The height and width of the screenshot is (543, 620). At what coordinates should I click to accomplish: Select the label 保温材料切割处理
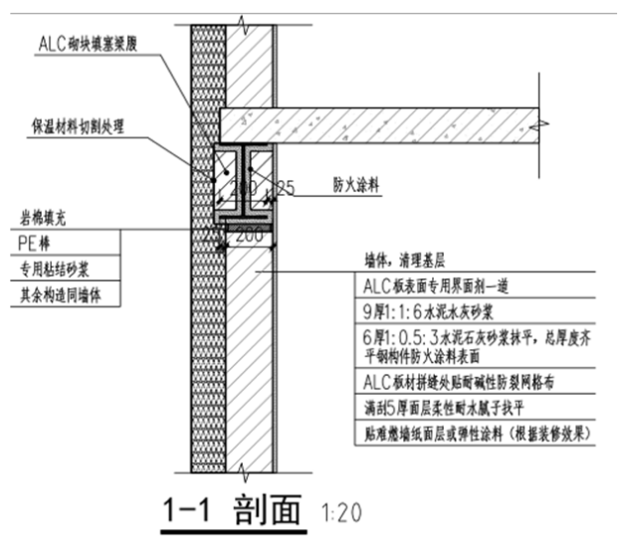coord(83,126)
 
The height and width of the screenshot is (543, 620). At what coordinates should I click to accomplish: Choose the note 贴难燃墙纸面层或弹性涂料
coord(478,434)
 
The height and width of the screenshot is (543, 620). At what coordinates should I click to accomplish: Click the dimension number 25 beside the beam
coord(287,188)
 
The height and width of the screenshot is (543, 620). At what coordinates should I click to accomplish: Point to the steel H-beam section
coord(243,184)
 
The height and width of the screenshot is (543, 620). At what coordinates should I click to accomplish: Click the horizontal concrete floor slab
coord(378,124)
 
